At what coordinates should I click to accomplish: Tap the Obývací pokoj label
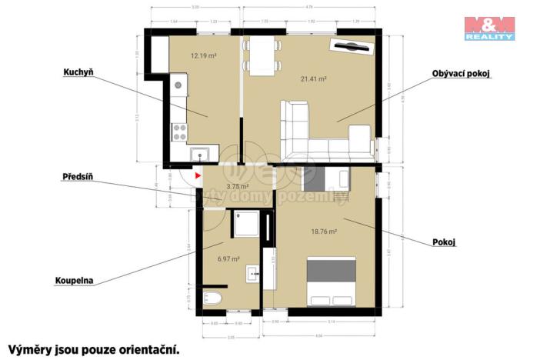[461, 74]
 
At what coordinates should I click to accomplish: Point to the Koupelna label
[74, 281]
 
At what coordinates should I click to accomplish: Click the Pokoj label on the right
[445, 242]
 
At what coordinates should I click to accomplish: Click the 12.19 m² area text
[203, 56]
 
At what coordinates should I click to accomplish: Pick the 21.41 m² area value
[315, 78]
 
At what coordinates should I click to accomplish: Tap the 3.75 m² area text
[238, 186]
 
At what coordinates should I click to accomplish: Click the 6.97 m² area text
[229, 258]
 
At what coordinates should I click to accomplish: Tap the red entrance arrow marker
[198, 176]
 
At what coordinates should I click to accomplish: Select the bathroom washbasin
[252, 273]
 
